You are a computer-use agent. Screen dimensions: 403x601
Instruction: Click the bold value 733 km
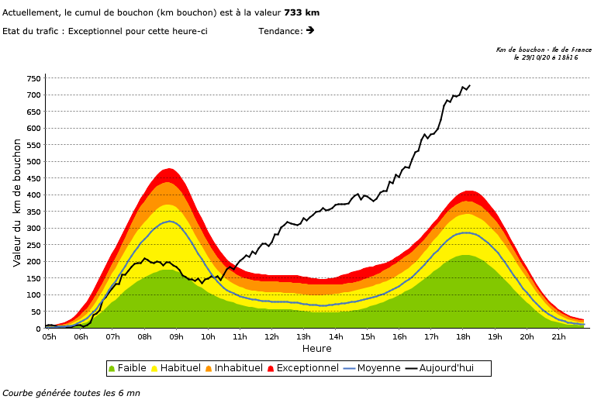[302, 12]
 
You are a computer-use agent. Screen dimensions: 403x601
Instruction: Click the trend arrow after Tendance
[310, 30]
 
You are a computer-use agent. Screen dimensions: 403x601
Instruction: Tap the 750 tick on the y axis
[33, 78]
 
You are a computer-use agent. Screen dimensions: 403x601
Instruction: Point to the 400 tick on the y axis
[33, 195]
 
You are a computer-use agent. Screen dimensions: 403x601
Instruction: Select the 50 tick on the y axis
[36, 312]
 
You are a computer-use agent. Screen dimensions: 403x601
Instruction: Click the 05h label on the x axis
[49, 336]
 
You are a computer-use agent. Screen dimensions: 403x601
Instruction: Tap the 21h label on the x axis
[559, 336]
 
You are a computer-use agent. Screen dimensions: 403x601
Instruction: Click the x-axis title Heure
[316, 349]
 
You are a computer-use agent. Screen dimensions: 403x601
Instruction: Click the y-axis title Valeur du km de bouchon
[17, 203]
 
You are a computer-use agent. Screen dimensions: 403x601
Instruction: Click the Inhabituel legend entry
[239, 368]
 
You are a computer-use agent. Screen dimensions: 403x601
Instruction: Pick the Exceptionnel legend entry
[307, 368]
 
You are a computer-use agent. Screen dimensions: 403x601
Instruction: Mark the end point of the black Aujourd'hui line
[470, 85]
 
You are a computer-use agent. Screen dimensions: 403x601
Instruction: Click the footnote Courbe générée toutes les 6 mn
[71, 393]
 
